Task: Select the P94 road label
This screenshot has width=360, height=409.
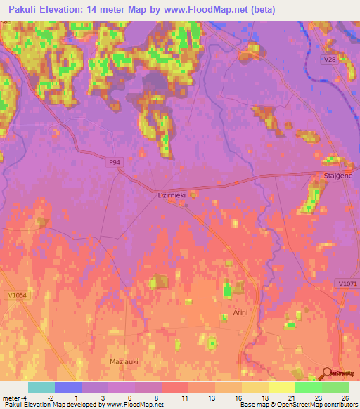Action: click(115, 162)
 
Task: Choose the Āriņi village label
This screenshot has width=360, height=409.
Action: click(232, 311)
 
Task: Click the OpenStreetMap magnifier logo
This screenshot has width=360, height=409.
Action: click(327, 374)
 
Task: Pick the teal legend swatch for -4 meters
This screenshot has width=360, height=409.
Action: click(41, 387)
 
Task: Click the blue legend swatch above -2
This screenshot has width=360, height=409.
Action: click(67, 387)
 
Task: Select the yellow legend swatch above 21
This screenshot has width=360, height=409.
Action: click(281, 387)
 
